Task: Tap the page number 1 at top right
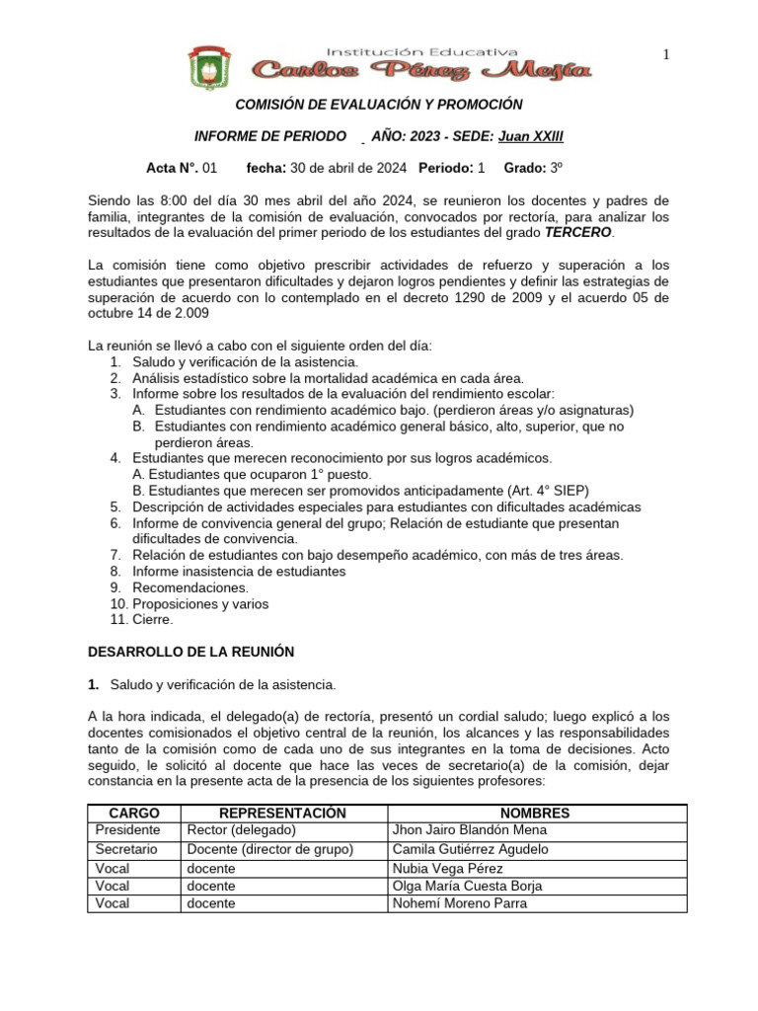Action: (665, 55)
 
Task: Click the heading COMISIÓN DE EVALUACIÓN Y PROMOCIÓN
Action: (378, 105)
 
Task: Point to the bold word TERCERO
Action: (578, 233)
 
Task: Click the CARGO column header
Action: (133, 813)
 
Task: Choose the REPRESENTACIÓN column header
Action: (281, 813)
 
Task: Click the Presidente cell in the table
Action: (127, 830)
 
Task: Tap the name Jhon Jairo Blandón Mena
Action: (469, 830)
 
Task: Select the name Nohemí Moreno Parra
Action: (459, 903)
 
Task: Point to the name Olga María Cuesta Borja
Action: (468, 886)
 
